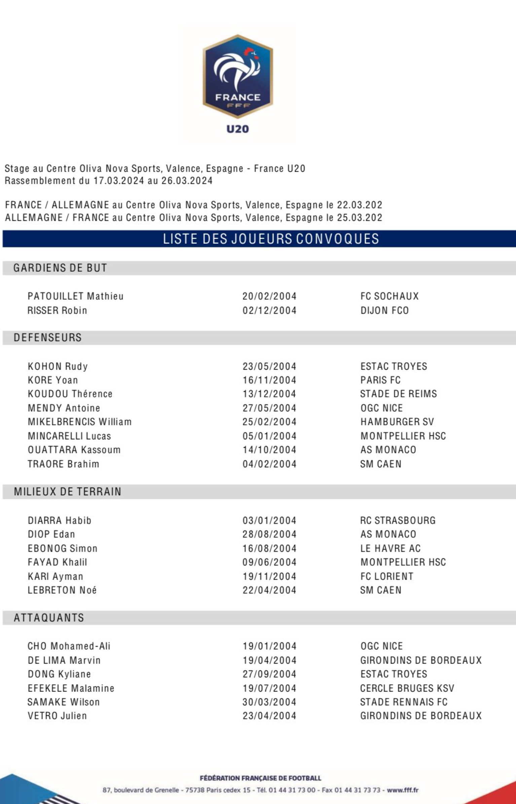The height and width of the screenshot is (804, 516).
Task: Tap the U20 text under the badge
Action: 237,129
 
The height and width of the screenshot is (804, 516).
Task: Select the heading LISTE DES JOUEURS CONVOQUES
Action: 271,239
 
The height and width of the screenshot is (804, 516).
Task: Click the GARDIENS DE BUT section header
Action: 60,268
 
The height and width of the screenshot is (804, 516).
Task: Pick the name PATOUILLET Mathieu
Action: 76,296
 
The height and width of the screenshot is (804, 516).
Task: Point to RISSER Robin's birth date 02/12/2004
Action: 269,310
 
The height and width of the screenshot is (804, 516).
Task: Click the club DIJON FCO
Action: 384,310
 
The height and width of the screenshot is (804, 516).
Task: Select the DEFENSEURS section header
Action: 48,338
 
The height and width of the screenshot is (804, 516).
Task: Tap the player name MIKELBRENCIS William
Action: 80,422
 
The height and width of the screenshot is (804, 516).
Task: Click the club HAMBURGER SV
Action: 397,422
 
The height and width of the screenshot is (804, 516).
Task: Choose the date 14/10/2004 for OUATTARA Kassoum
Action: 269,450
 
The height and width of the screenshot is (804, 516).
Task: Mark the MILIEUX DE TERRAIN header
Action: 68,492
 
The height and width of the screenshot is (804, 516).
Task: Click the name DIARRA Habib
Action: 60,521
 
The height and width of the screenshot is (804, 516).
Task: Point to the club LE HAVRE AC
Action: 391,548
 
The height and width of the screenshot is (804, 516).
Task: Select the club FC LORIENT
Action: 387,576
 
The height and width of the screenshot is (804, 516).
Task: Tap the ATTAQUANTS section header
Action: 49,618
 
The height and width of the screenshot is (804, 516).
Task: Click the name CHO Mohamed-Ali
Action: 69,646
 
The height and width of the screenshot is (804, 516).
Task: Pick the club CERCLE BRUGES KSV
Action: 407,688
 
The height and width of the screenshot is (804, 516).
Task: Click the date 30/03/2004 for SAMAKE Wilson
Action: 269,702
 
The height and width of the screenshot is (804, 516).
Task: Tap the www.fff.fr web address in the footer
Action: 403,790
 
